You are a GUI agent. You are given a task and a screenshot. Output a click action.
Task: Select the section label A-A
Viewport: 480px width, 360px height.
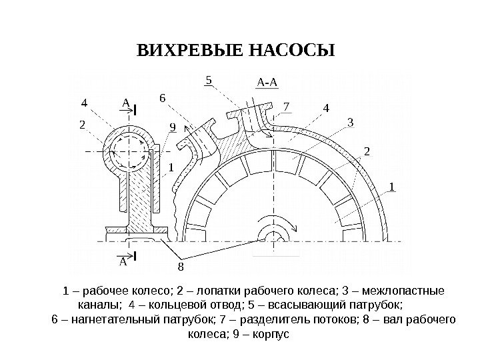[x=267, y=83]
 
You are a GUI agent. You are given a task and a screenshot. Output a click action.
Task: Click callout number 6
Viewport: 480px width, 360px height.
[x=161, y=98]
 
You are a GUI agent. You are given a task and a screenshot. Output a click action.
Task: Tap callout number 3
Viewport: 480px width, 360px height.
[x=350, y=122]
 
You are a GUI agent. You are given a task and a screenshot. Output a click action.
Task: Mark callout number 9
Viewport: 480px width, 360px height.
[x=172, y=126]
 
